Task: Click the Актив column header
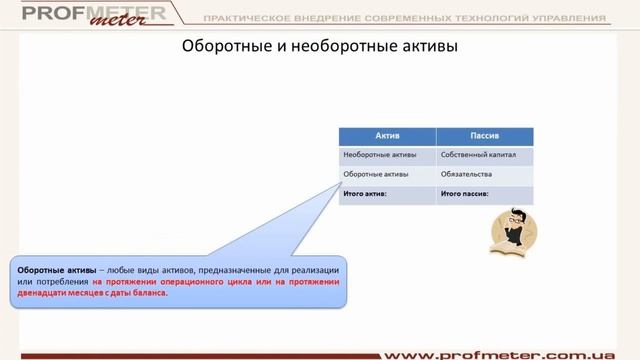click(387, 136)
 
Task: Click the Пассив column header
click(485, 136)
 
